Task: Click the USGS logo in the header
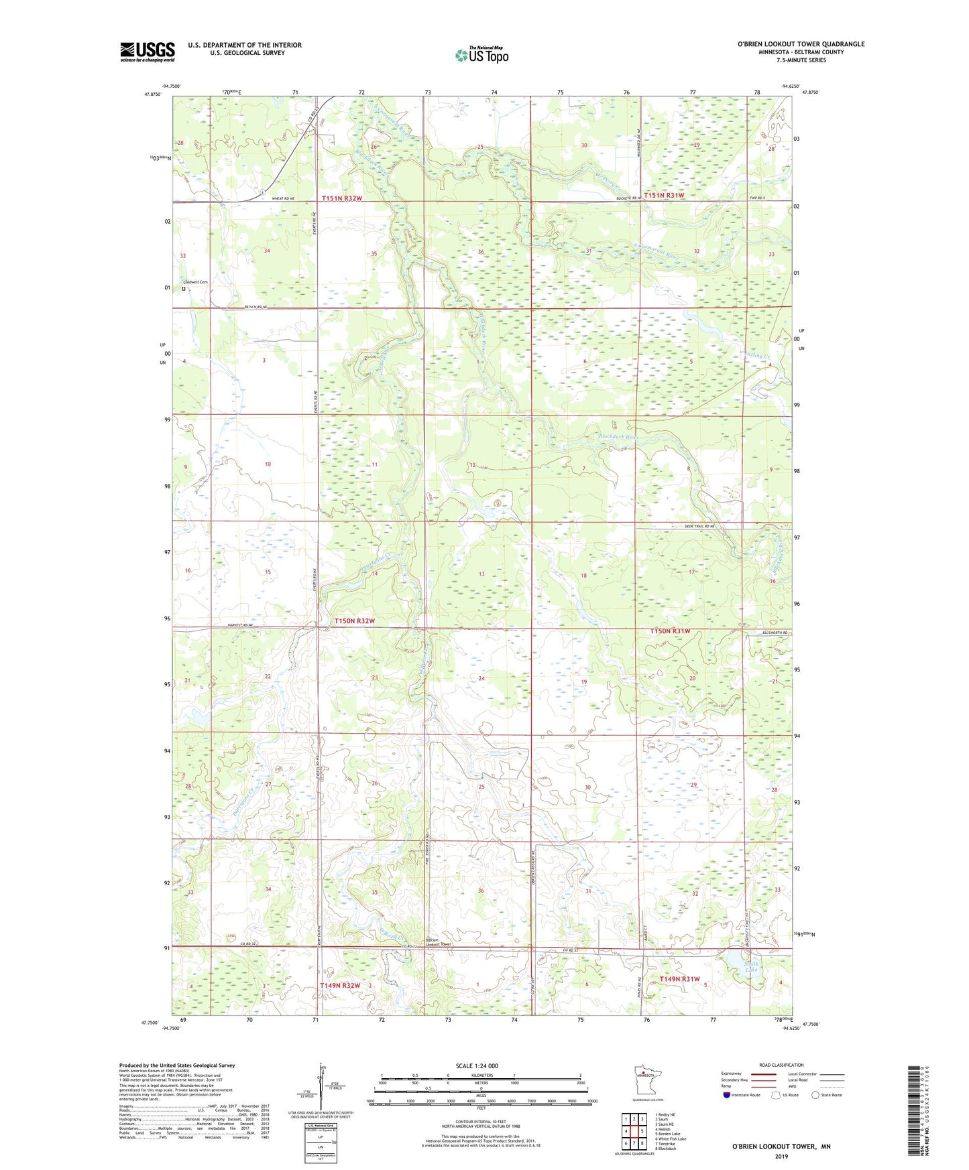click(x=147, y=52)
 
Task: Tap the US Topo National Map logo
click(x=481, y=55)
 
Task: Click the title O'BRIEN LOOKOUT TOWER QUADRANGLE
click(x=801, y=44)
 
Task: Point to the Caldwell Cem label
click(x=195, y=282)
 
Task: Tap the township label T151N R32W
click(x=341, y=198)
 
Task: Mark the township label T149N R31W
click(x=679, y=979)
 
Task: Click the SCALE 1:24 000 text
click(x=477, y=1065)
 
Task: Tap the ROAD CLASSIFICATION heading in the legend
click(x=781, y=1065)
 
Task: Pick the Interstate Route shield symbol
click(x=727, y=1095)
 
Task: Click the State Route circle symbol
click(x=815, y=1095)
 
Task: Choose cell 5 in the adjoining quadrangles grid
click(x=642, y=1131)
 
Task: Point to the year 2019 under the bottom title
click(x=781, y=1157)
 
